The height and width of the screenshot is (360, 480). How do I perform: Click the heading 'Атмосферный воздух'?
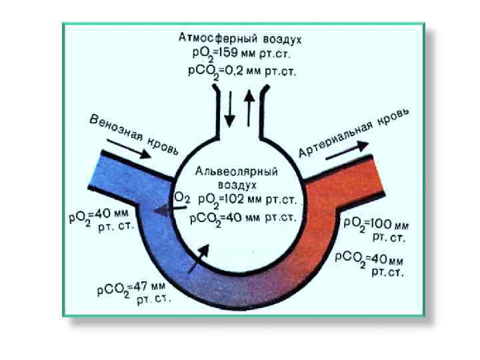tap(241, 37)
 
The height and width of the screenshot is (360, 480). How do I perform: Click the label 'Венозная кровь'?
tap(134, 134)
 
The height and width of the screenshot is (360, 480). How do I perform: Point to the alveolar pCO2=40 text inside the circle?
tap(241, 218)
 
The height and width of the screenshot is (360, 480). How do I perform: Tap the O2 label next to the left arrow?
tap(181, 198)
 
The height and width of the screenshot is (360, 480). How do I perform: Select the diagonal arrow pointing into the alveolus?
tap(199, 256)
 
